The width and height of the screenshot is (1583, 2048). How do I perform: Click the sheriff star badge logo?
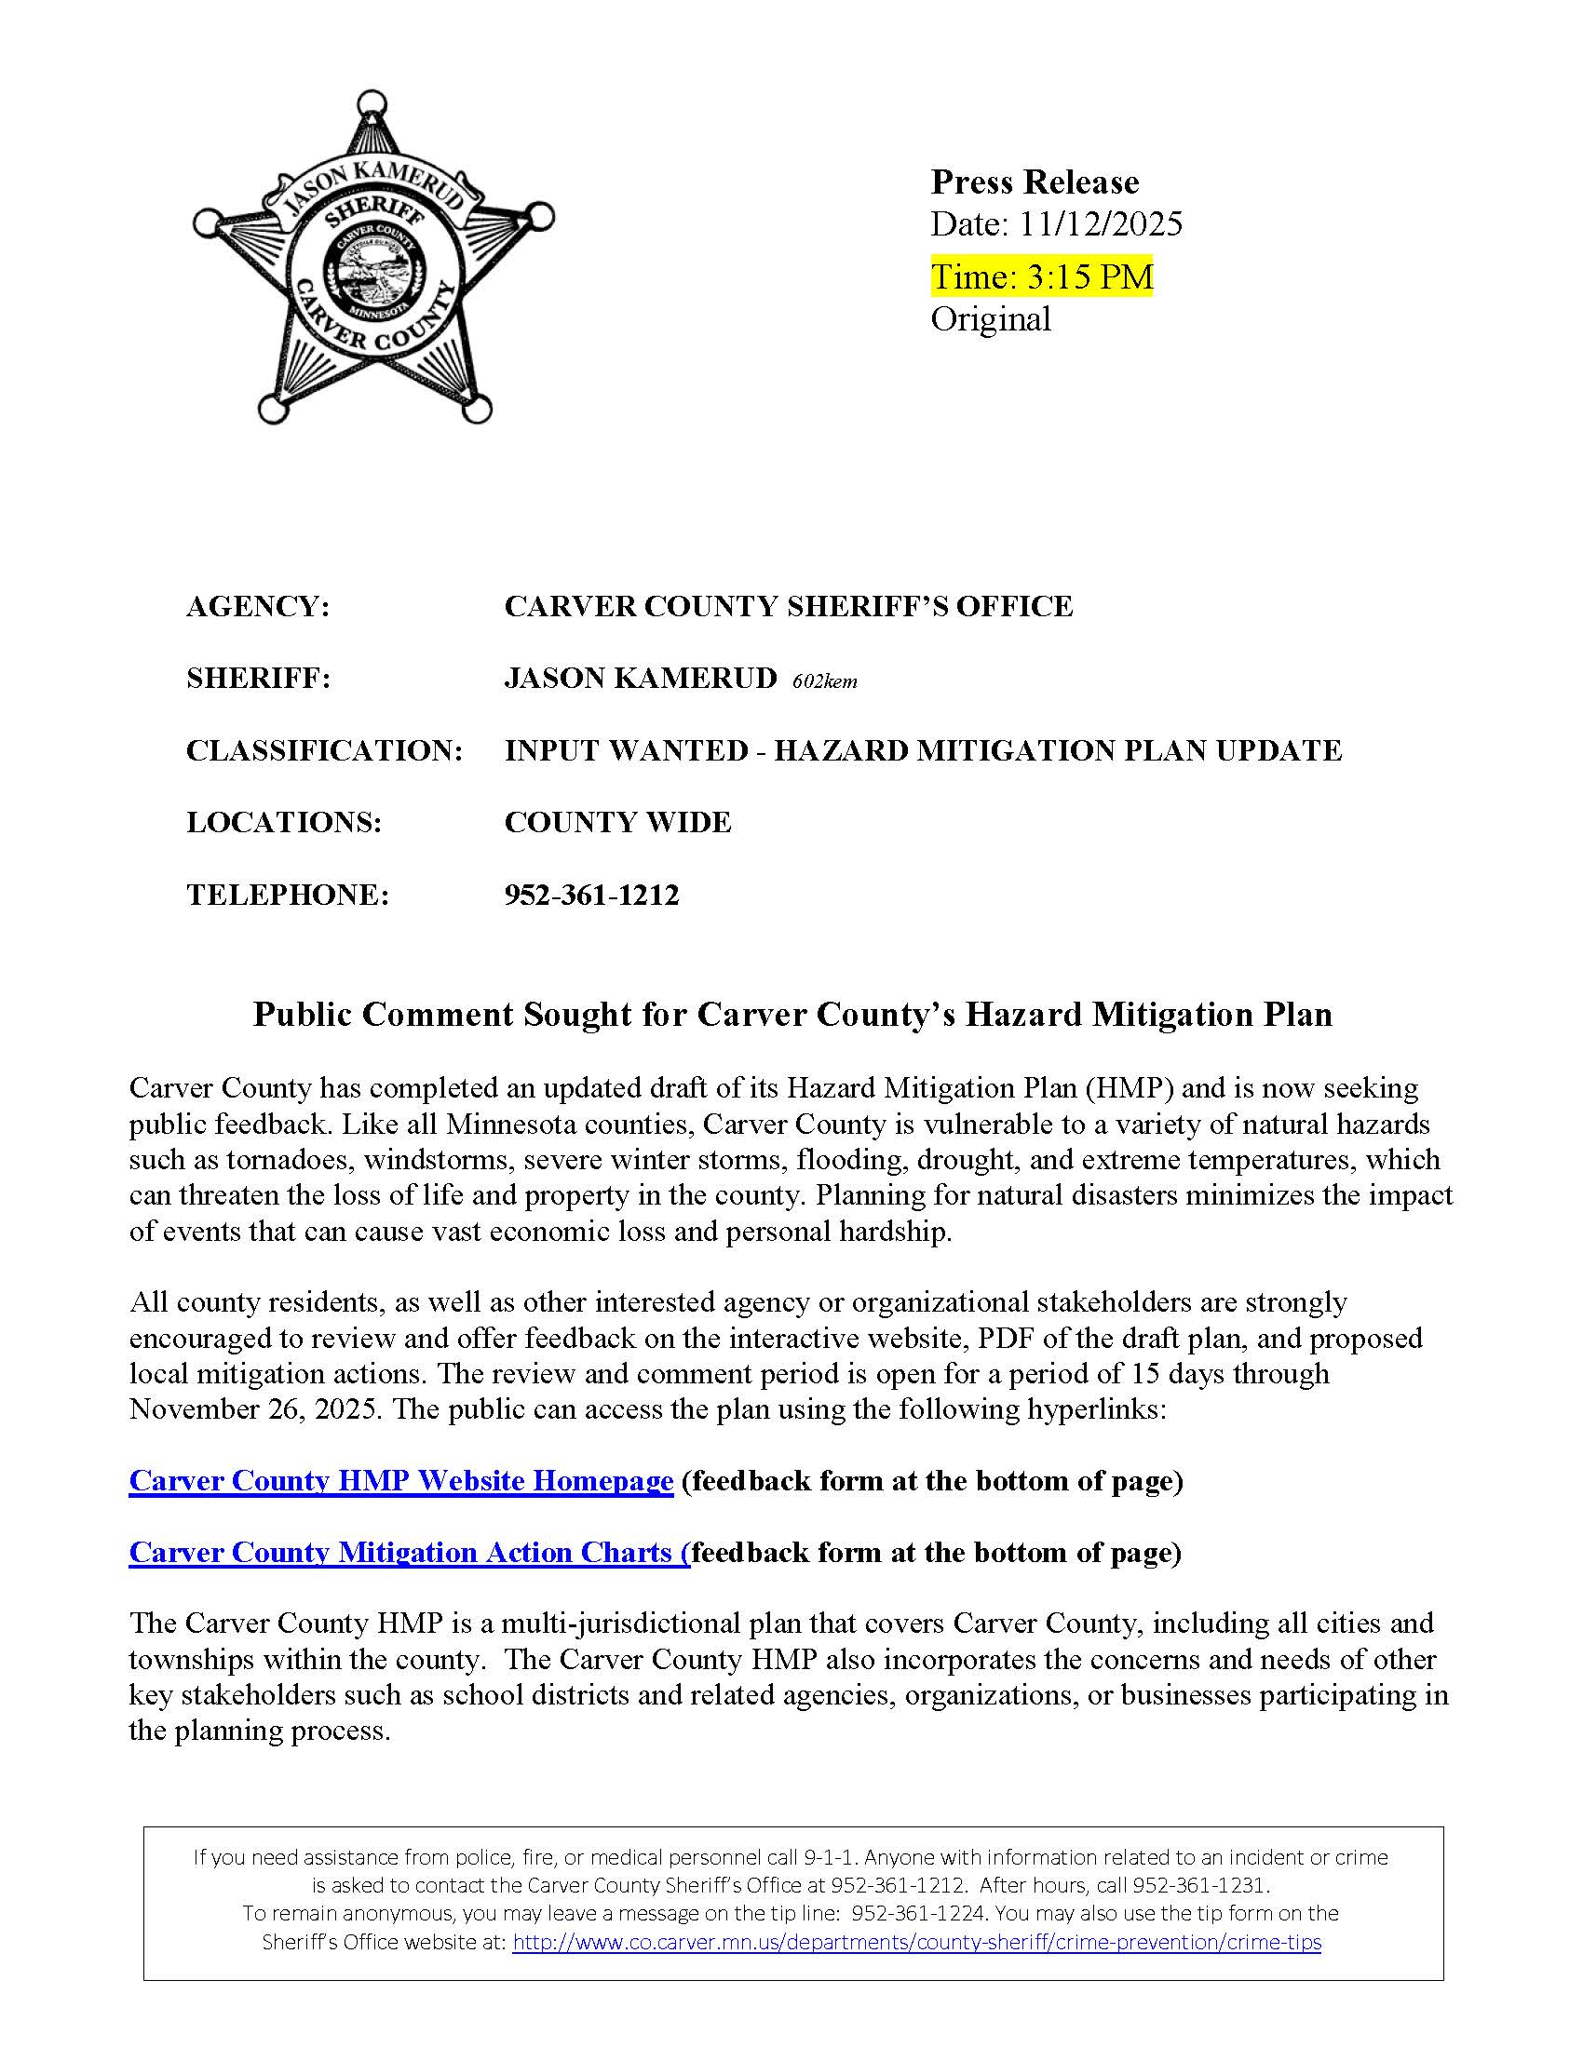pos(372,258)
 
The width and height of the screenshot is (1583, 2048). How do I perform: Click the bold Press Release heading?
pos(1035,181)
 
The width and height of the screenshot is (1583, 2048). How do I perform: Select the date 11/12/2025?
pos(1101,224)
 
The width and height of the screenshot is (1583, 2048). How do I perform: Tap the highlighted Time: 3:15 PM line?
pos(1041,276)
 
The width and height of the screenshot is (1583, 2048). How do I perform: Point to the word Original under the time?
pos(991,319)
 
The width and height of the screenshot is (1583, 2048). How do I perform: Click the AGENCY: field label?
pos(258,607)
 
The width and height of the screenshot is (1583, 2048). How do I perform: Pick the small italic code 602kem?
pos(824,681)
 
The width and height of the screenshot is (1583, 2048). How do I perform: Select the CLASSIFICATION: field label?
pos(324,750)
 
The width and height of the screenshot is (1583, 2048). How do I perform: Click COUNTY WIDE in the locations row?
pos(617,822)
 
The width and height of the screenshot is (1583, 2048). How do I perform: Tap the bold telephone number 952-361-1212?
pos(590,895)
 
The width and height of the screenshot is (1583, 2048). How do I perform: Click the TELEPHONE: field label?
pos(287,895)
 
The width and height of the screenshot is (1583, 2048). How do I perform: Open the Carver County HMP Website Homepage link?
pos(400,1481)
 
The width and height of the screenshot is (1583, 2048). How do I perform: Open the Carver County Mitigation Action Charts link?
pos(409,1553)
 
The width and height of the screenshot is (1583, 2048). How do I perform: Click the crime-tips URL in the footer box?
pos(916,1942)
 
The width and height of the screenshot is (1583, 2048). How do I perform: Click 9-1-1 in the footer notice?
pos(827,1858)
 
